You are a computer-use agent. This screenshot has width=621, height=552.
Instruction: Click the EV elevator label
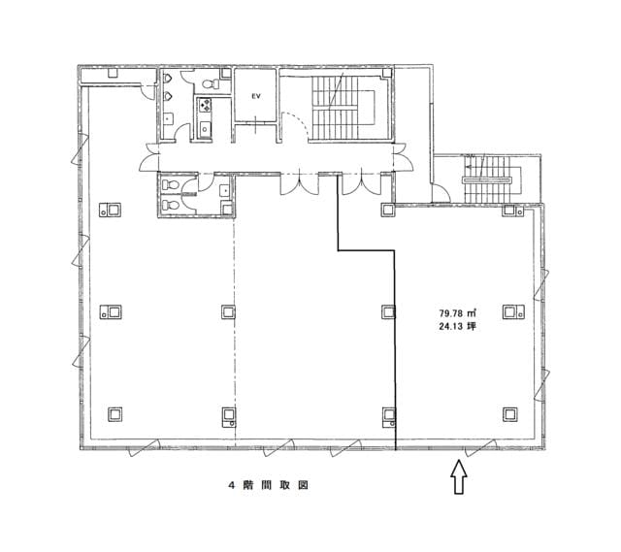pyautogui.click(x=256, y=96)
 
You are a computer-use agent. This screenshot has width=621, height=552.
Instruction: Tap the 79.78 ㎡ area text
pyautogui.click(x=457, y=313)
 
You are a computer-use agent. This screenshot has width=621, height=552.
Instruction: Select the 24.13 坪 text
pyautogui.click(x=457, y=327)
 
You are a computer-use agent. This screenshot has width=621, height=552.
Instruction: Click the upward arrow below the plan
pyautogui.click(x=459, y=476)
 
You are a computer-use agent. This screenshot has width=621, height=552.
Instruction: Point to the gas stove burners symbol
pyautogui.click(x=205, y=106)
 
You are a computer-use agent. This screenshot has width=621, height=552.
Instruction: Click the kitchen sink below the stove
pyautogui.click(x=205, y=128)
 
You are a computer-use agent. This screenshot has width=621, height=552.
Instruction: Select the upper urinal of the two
pyautogui.click(x=168, y=79)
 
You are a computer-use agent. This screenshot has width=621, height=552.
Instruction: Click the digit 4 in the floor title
pyautogui.click(x=231, y=485)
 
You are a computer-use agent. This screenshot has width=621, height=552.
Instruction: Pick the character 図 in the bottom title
pyautogui.click(x=303, y=485)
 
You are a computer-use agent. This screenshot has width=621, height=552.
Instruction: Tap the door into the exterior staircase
pyautogui.click(x=441, y=194)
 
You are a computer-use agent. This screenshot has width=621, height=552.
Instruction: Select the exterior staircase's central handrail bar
pyautogui.click(x=487, y=180)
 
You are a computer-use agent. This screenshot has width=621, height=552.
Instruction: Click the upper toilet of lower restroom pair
pyautogui.click(x=171, y=184)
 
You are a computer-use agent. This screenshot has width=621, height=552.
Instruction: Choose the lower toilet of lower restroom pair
pyautogui.click(x=171, y=205)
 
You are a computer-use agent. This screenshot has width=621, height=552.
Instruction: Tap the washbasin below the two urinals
pyautogui.click(x=168, y=118)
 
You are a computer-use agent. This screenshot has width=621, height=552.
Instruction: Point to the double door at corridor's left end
pyautogui.click(x=149, y=157)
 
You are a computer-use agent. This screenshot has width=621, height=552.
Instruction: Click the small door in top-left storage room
pyautogui.click(x=148, y=91)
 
